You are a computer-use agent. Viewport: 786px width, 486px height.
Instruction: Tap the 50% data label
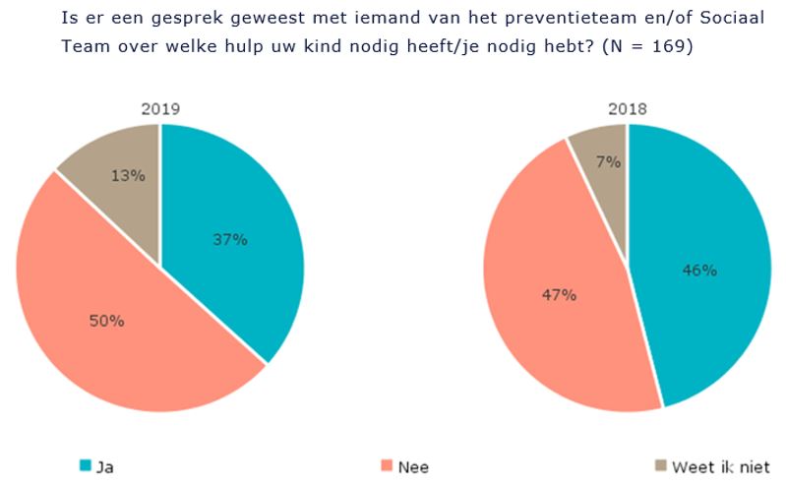(106, 320)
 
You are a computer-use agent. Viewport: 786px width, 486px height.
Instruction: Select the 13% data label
(129, 176)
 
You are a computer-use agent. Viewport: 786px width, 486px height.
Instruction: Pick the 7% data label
(609, 162)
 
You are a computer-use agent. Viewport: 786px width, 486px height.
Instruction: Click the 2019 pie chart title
(159, 108)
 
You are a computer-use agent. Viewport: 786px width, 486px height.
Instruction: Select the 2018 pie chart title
(627, 108)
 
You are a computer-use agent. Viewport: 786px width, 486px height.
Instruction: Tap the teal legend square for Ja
(85, 466)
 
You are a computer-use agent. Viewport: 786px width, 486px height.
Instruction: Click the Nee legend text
(414, 466)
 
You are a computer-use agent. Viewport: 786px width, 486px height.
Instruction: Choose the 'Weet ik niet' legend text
(721, 466)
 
